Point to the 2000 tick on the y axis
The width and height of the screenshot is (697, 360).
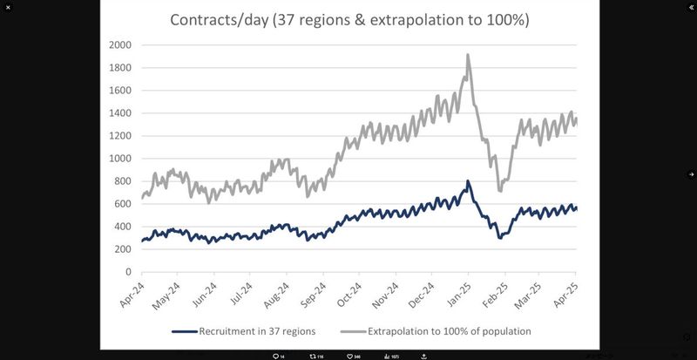pyautogui.click(x=120, y=45)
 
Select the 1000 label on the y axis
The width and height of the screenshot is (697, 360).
pyautogui.click(x=120, y=159)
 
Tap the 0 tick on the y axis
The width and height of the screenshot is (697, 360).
pyautogui.click(x=127, y=272)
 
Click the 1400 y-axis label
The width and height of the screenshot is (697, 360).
pyautogui.click(x=120, y=113)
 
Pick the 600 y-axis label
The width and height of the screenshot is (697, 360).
pyautogui.click(x=123, y=204)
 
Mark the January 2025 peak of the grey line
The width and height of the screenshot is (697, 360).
pyautogui.click(x=468, y=55)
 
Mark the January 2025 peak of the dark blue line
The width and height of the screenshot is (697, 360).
pyautogui.click(x=468, y=181)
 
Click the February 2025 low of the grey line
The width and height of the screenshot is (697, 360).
pyautogui.click(x=500, y=191)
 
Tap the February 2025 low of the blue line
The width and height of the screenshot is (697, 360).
pyautogui.click(x=500, y=237)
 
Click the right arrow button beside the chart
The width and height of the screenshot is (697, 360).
pyautogui.click(x=691, y=174)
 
